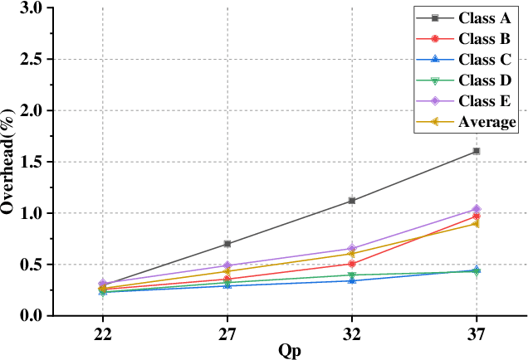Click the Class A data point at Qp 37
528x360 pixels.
point(477,151)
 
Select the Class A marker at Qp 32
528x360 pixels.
point(352,201)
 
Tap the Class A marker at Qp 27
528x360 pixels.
point(227,244)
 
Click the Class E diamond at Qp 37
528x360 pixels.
point(477,209)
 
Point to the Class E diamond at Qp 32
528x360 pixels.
point(352,249)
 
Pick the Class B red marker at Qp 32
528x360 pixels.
point(352,264)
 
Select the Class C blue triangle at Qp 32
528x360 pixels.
point(352,280)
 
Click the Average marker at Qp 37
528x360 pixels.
point(477,224)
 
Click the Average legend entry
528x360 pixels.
point(486,122)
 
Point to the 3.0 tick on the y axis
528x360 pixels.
point(31,7)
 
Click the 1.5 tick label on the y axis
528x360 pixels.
point(31,162)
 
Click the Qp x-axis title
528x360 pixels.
point(290,350)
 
